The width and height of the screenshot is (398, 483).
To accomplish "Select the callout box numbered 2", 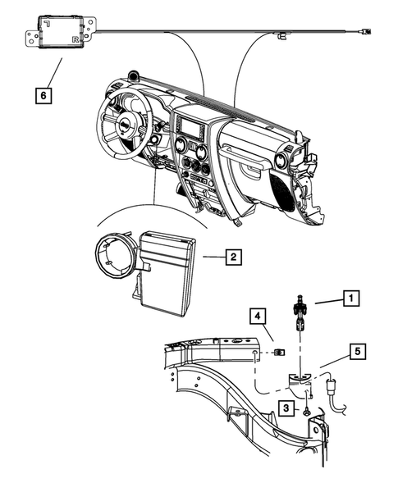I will pos(233,257).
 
